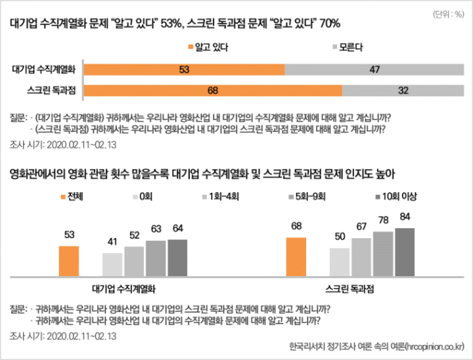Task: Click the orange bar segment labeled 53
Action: (185, 70)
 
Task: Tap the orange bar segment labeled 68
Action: (213, 91)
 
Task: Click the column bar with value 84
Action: (404, 251)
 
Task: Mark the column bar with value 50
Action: (340, 261)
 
